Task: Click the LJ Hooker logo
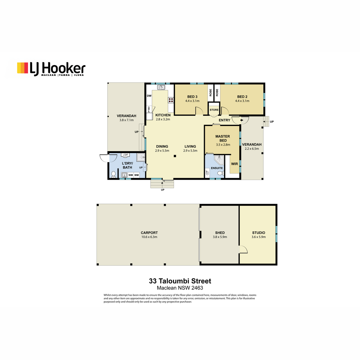click(x=51, y=69)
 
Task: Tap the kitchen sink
click(x=161, y=87)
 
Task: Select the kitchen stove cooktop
click(x=171, y=100)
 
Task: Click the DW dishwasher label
click(x=149, y=96)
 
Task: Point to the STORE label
click(x=214, y=110)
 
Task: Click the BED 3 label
click(x=192, y=97)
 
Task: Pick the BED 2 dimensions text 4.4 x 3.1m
click(x=242, y=101)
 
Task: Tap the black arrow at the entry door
click(x=241, y=120)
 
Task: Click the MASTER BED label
click(x=223, y=138)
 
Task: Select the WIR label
click(x=235, y=164)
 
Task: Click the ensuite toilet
click(x=220, y=173)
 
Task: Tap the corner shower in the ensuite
click(x=219, y=160)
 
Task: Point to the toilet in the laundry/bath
click(x=113, y=174)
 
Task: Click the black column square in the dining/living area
click(x=175, y=156)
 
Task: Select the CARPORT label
click(x=149, y=232)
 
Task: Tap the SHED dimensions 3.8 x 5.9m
click(x=220, y=237)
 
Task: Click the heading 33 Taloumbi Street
click(x=180, y=281)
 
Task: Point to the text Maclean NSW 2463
click(x=180, y=288)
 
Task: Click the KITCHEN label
click(x=163, y=115)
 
